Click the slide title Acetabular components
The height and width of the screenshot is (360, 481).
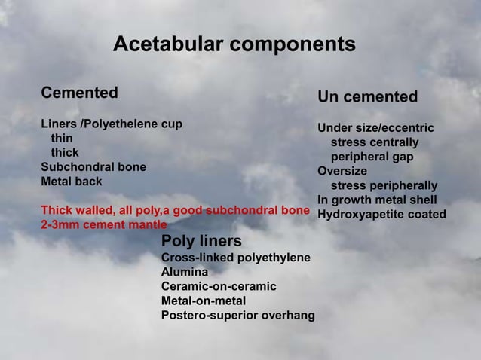coord(234,45)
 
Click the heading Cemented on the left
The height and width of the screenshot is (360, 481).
coord(79,93)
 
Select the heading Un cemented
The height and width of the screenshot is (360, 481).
coord(367,97)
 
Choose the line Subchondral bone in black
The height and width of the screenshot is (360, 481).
coord(93,166)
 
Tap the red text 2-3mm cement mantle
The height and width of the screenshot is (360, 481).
coord(103,224)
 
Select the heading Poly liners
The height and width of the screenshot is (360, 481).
coord(201,241)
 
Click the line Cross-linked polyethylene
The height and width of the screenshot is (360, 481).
coord(235,258)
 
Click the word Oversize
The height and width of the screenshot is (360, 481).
coord(342,171)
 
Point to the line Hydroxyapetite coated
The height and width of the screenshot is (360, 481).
coord(381,215)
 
